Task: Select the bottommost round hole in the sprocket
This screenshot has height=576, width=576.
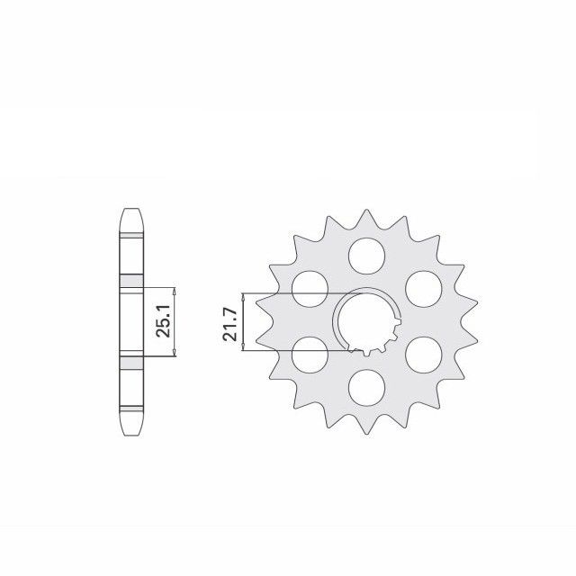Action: tap(365, 388)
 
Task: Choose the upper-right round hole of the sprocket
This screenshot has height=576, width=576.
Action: tap(422, 287)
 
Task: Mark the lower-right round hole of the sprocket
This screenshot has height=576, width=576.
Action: tap(422, 355)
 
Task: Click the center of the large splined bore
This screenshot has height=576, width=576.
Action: tap(366, 321)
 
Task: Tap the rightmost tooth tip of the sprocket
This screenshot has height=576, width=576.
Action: tap(478, 321)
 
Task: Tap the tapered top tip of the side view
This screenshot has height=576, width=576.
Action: tap(130, 213)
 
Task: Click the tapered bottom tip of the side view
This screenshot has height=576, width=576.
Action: tap(130, 429)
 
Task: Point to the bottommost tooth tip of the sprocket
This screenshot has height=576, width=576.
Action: tap(366, 433)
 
